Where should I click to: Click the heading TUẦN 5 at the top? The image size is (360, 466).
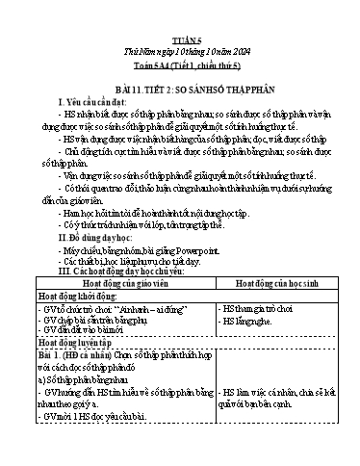point(180,12)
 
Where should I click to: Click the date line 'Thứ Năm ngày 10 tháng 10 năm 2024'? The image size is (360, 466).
point(180,24)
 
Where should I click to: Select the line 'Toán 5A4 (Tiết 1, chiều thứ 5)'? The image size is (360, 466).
point(180,37)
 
